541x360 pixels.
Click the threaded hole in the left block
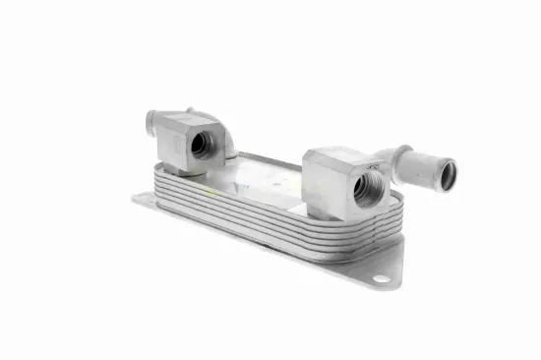coord(201,145)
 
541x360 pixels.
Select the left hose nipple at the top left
coord(152,124)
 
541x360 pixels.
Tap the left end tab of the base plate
coord(140,201)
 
